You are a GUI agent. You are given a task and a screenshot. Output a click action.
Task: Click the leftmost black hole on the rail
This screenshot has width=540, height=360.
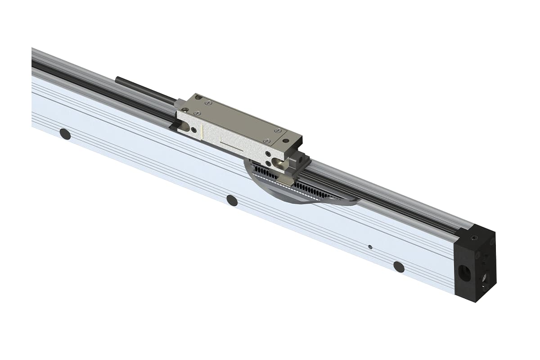pyautogui.click(x=65, y=134)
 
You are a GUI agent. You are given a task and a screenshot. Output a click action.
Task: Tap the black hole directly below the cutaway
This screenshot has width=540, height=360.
pyautogui.click(x=232, y=200)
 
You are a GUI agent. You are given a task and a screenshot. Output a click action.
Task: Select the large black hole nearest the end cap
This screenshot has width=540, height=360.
pyautogui.click(x=399, y=266)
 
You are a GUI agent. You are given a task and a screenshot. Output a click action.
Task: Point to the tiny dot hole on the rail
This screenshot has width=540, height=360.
pyautogui.click(x=370, y=247)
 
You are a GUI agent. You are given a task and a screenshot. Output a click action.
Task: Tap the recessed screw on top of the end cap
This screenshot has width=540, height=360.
pyautogui.click(x=474, y=238)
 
